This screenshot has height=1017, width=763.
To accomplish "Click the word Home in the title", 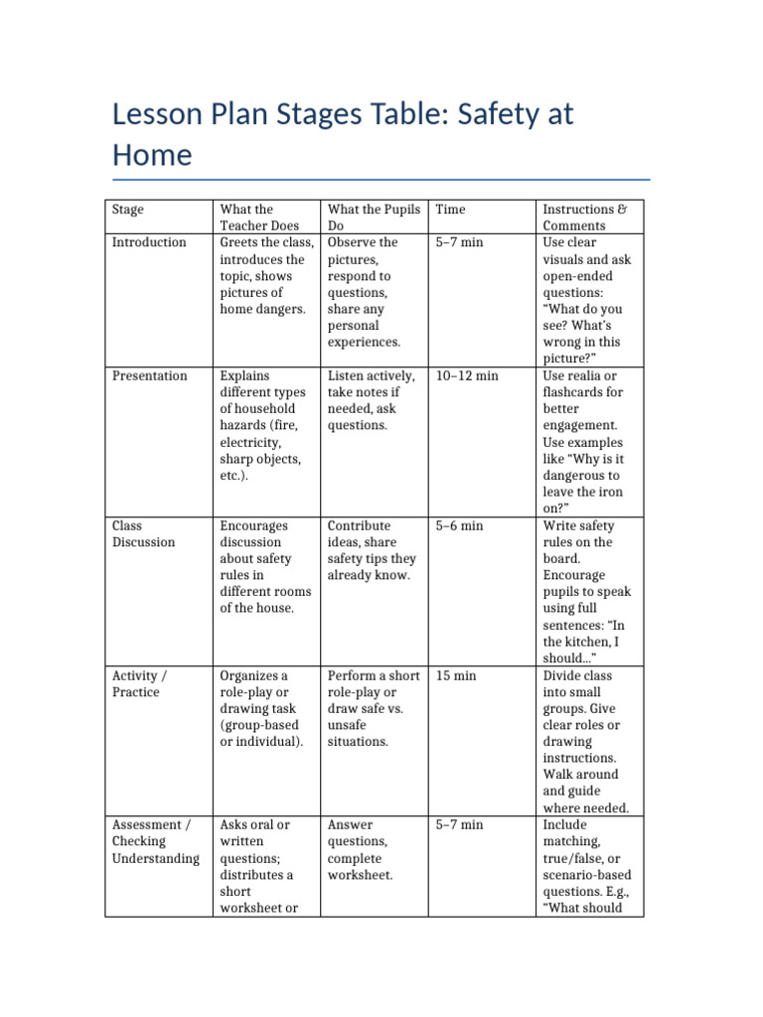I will click(152, 156).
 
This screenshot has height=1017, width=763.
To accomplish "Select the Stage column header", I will click(127, 210).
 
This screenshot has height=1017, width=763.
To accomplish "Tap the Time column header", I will click(450, 210).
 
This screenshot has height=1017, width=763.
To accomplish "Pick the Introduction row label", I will click(149, 242).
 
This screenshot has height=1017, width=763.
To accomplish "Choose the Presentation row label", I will click(149, 375).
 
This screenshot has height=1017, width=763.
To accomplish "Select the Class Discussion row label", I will click(143, 534).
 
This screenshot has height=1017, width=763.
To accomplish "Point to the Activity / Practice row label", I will click(139, 684).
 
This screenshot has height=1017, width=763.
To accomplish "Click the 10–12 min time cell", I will click(467, 375).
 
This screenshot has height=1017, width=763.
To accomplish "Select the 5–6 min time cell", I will click(459, 525).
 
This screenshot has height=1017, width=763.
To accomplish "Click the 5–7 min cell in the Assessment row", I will click(459, 824).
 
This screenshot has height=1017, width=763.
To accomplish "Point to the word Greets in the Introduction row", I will click(239, 242).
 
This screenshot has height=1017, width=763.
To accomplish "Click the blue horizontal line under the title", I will click(381, 180).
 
